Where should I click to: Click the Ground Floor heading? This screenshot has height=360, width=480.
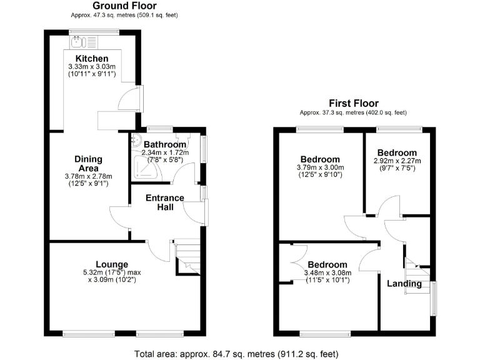(124, 6)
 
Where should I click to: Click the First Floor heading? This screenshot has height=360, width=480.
(354, 103)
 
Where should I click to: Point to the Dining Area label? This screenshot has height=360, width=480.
(88, 164)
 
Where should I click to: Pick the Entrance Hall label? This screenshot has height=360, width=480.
(165, 202)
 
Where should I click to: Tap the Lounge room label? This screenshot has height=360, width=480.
(112, 264)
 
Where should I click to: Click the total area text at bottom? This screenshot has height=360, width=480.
(236, 354)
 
